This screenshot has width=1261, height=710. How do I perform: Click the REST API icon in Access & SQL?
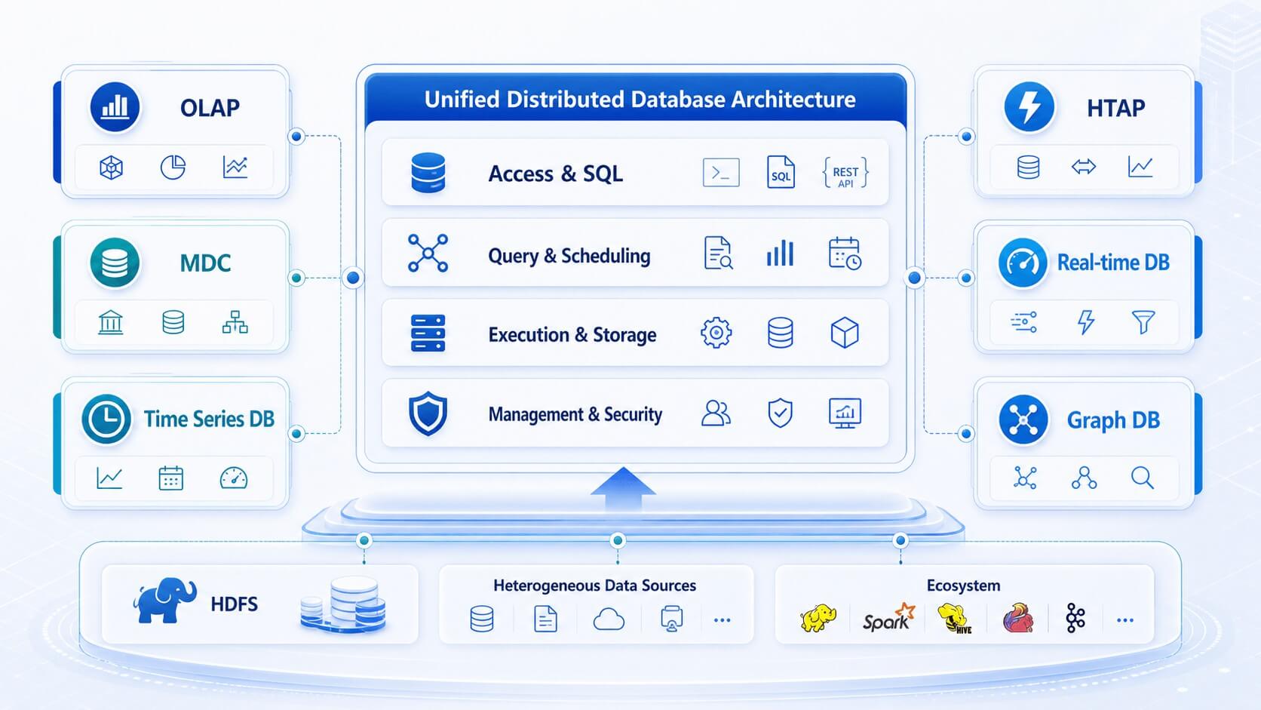[x=845, y=173]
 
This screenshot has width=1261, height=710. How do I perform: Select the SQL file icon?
[x=781, y=172]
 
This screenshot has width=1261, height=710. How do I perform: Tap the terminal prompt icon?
[x=721, y=172]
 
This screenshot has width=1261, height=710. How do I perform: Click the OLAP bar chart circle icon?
[x=115, y=107]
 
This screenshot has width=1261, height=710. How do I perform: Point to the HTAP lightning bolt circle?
[x=1029, y=107]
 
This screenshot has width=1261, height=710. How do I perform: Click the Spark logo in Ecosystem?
[x=889, y=618]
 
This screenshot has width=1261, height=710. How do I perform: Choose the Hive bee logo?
[x=955, y=618]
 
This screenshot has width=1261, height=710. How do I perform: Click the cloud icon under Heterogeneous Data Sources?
[x=609, y=619]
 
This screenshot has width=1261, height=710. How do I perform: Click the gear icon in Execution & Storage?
[x=716, y=333]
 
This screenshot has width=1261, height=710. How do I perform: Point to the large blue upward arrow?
[x=623, y=489]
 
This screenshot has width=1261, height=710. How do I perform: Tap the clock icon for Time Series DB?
[x=106, y=419]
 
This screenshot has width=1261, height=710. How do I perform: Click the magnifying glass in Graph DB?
[x=1143, y=478]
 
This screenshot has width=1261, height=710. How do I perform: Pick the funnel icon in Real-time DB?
[x=1143, y=322]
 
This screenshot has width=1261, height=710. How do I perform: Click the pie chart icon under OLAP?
[x=173, y=168]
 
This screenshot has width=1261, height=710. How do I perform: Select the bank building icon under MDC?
[x=110, y=323]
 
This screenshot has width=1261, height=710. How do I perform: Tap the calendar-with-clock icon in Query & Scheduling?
[x=845, y=254]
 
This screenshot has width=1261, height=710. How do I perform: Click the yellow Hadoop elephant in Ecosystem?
[x=818, y=618]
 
